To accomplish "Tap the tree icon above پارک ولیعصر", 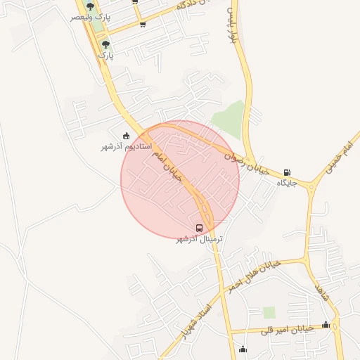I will point(89,6).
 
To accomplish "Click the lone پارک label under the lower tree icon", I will point(105,54).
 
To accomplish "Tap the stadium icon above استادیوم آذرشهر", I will point(127,136).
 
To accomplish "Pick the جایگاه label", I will point(288,182).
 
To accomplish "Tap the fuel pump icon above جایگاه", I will point(287,172).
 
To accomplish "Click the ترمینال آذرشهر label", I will point(199,239).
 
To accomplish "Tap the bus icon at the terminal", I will point(200,228).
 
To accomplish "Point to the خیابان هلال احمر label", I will point(254,274).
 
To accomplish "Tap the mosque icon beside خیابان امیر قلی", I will point(326,324).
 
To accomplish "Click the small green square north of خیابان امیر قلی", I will point(269,312).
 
